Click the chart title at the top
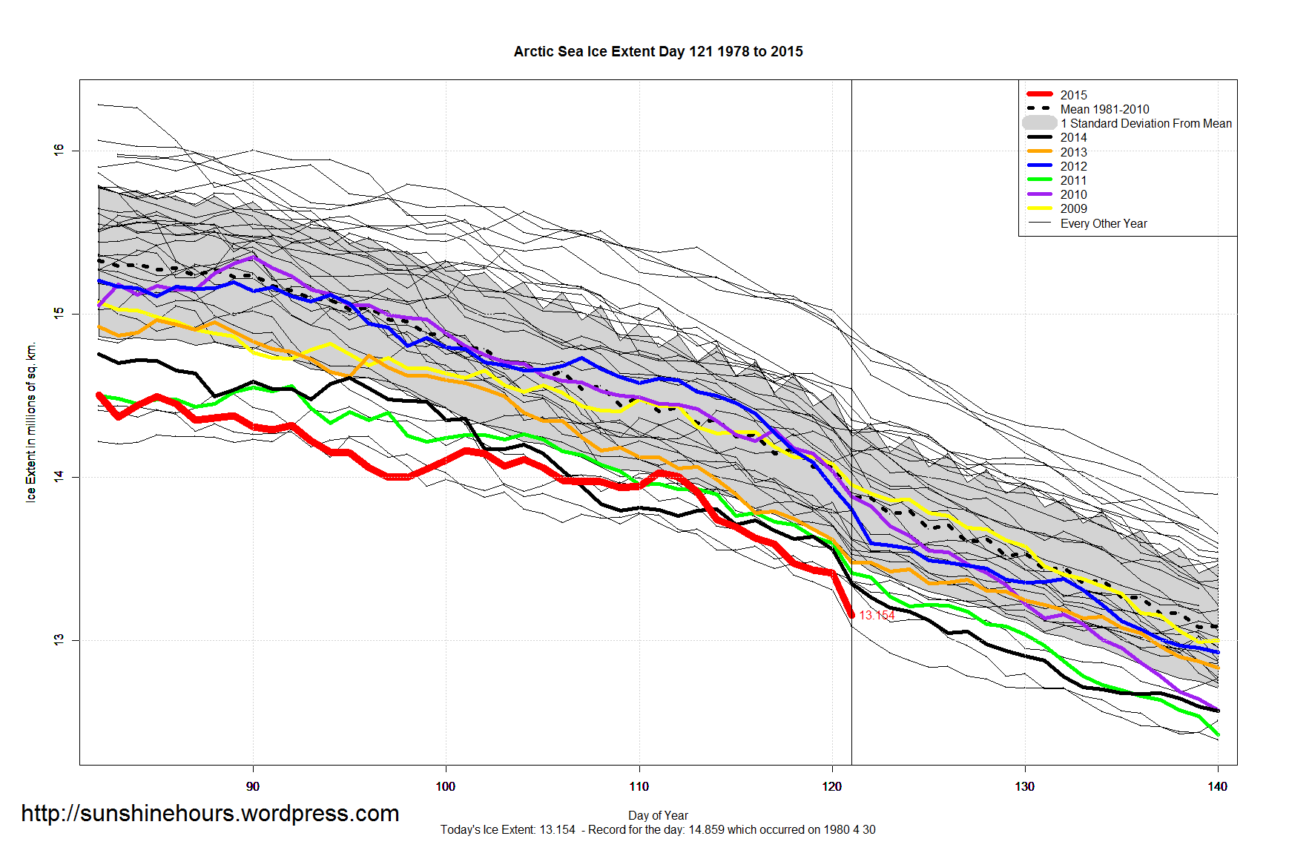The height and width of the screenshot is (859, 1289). pyautogui.click(x=658, y=52)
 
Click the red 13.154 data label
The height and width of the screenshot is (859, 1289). pyautogui.click(x=877, y=616)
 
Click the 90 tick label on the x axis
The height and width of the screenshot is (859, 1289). pyautogui.click(x=253, y=786)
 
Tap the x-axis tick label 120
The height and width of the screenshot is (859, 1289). pyautogui.click(x=831, y=786)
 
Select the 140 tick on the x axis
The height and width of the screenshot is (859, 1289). pyautogui.click(x=1217, y=786)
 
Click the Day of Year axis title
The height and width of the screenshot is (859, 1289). pyautogui.click(x=658, y=815)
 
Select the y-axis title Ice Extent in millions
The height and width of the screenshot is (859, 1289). pyautogui.click(x=31, y=423)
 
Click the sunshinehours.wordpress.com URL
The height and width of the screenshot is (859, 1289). pyautogui.click(x=210, y=813)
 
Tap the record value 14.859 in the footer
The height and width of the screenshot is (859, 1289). pyautogui.click(x=705, y=829)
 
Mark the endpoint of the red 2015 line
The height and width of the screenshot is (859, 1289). pyautogui.click(x=851, y=615)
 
